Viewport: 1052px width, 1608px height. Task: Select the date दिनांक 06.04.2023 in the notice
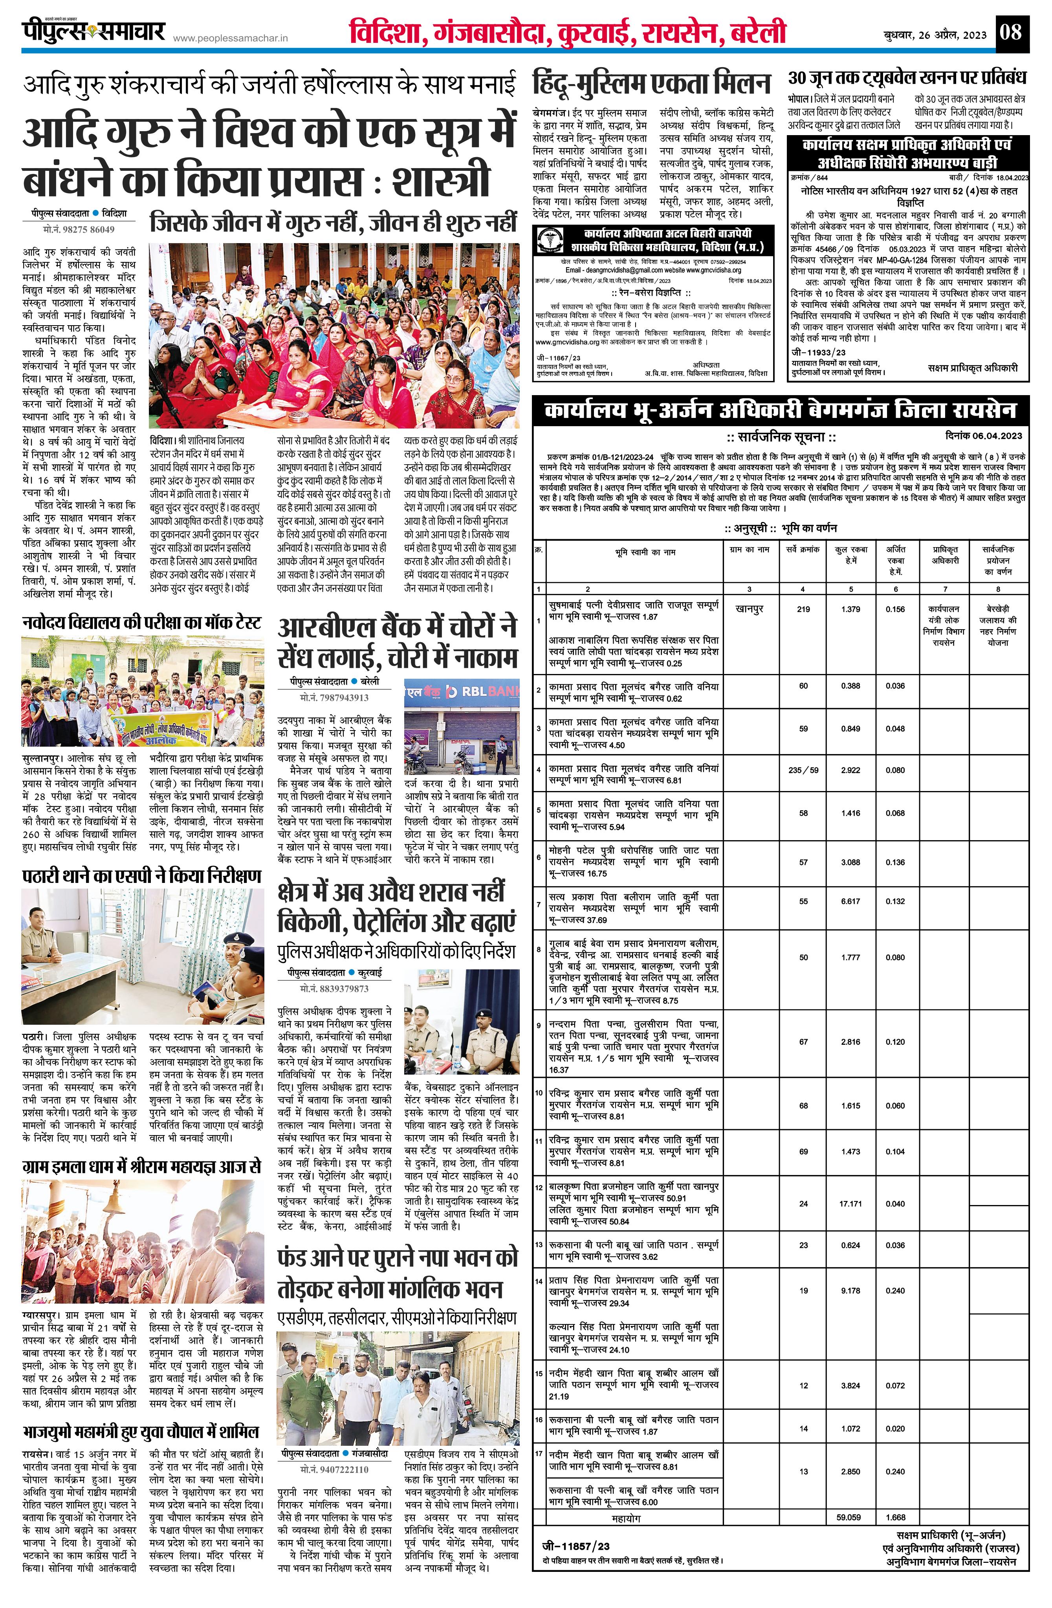click(983, 436)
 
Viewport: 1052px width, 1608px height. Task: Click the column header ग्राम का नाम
click(749, 550)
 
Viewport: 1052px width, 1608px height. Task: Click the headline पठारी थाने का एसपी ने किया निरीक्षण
click(142, 876)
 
